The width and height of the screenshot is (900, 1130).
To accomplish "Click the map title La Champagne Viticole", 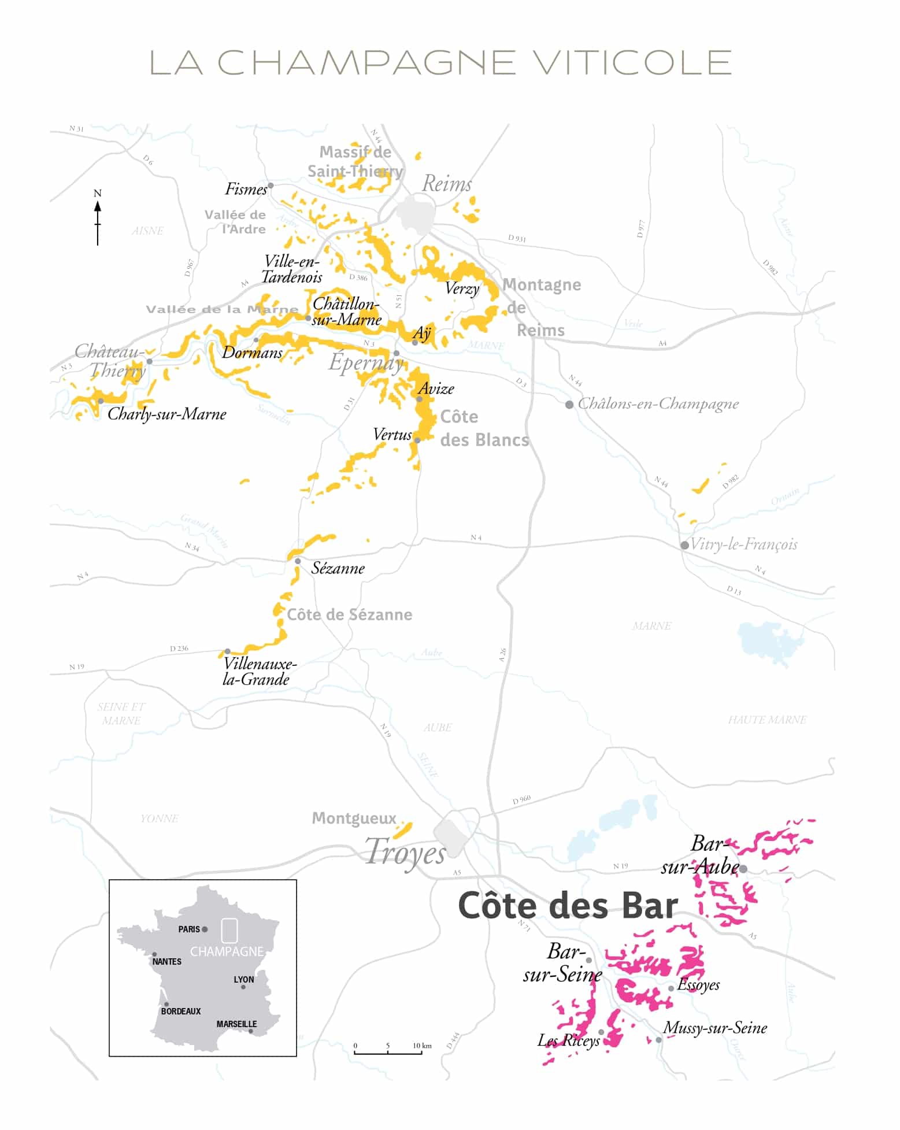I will pos(440,62).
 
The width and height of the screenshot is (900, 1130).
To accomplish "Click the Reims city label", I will pos(446,184).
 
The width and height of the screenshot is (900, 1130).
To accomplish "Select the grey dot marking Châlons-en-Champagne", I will pos(569,405).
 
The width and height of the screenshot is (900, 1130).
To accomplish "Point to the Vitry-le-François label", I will pos(743,544).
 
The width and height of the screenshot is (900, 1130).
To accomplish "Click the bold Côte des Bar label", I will pos(568,906).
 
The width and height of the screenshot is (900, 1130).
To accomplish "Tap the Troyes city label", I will pos(406,853).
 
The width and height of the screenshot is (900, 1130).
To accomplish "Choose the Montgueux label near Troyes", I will pos(354,818).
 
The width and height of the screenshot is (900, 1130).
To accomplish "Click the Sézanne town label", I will pos(338,568).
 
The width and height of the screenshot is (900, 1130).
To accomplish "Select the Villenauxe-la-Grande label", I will pos(258,671).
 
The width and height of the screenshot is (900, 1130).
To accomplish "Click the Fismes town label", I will pos(246,189).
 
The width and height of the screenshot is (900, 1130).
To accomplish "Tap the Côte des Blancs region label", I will pos(484,428).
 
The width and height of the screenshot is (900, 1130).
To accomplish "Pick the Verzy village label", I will pos(462,288).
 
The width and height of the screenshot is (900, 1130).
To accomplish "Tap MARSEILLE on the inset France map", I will pos(236,1024).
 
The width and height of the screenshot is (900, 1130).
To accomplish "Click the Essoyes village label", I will pos(698,985).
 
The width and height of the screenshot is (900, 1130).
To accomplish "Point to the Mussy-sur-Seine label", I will pos(715,1028).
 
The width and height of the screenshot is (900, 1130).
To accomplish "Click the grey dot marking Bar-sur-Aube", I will pos(743,869).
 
